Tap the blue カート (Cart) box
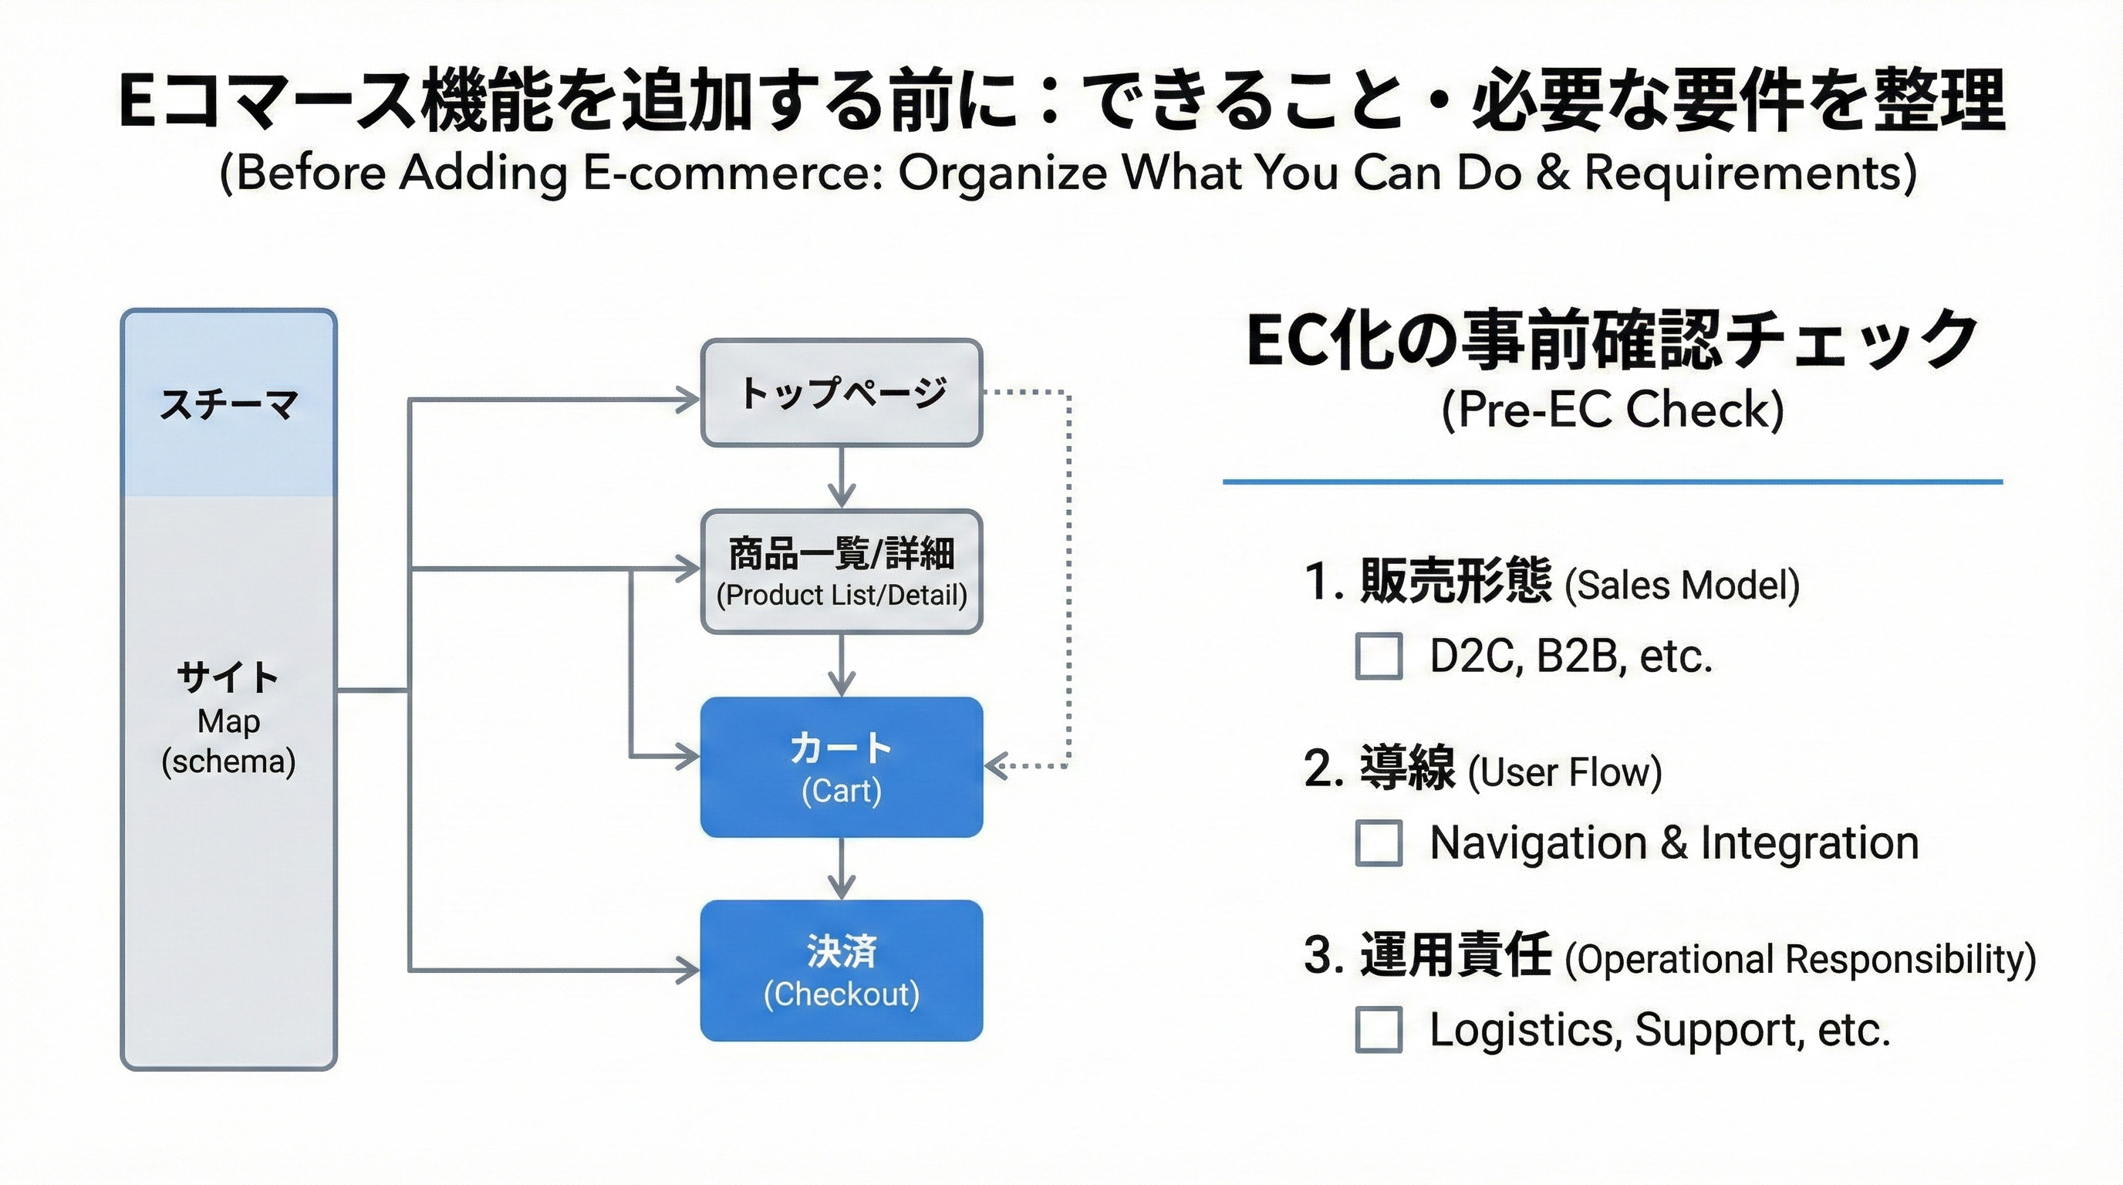coord(842,767)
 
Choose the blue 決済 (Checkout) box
coord(842,970)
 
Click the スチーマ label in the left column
coord(228,404)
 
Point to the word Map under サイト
coord(228,721)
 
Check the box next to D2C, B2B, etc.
coord(1378,656)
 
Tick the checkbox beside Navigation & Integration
coord(1378,842)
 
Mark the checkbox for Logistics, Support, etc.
coord(1378,1029)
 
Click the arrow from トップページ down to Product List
coord(841,478)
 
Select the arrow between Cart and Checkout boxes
coord(841,869)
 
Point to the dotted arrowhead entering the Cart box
coord(996,766)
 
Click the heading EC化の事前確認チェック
coord(1612,339)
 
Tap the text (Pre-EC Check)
coord(1612,410)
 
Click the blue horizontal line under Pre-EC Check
coord(1612,481)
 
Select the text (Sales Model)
coord(1681,585)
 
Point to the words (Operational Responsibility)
coord(1800,959)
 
